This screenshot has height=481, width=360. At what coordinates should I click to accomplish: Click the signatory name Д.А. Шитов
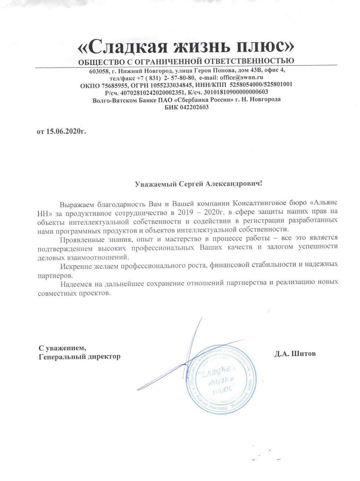tap(295, 354)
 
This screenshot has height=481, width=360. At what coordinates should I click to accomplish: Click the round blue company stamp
tap(220, 380)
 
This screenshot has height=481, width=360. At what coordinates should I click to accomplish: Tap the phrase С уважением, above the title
tap(62, 348)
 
